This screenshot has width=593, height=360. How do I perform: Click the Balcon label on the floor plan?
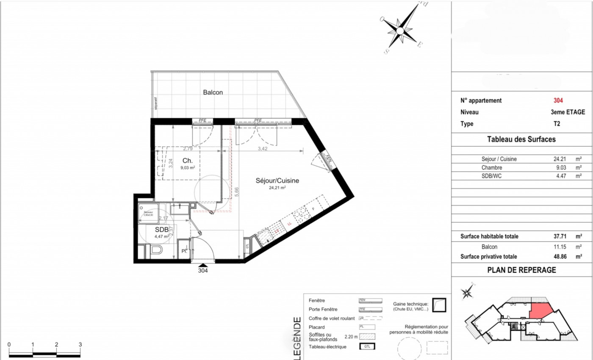coord(213,92)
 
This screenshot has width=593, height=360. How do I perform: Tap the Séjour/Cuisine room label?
coord(277,180)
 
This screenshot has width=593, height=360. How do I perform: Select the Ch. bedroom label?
coord(188,161)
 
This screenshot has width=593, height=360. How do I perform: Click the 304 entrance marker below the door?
coord(203,271)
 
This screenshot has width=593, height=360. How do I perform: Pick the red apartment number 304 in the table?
coord(558,101)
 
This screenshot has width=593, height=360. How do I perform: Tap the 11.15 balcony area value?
coord(559,247)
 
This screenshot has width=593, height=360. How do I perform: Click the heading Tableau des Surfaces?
coord(521,139)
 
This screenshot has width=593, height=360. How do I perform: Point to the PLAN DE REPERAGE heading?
coord(521,270)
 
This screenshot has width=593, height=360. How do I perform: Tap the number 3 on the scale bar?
coord(80,345)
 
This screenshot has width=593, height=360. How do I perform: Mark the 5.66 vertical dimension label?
coord(238,192)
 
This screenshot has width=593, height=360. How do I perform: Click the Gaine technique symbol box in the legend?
coord(439,305)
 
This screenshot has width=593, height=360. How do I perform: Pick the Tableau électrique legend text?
coord(327,347)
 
